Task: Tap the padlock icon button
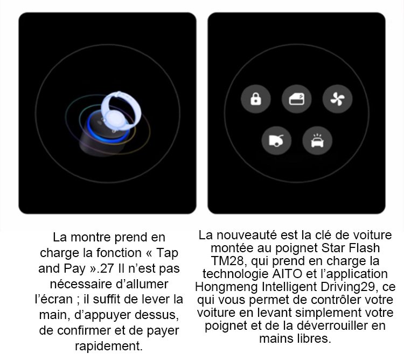click(255, 99)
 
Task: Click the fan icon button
click(337, 99)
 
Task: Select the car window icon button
click(297, 99)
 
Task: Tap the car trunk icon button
click(276, 141)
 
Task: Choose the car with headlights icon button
click(317, 141)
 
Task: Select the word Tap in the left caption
click(167, 253)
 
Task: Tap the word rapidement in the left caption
click(109, 346)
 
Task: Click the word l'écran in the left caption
click(53, 300)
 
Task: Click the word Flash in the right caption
click(364, 248)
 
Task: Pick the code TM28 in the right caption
click(227, 261)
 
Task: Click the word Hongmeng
click(226, 287)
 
